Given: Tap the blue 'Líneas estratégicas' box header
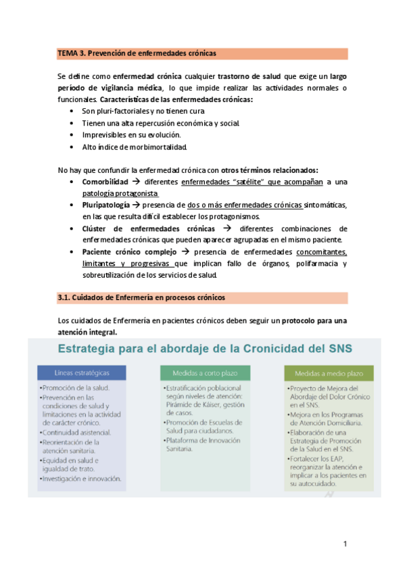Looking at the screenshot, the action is point(80,373).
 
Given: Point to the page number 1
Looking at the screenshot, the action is point(344,543).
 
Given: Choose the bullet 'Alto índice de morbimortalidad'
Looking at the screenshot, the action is point(133,147).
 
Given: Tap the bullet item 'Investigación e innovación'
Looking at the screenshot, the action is point(82,478).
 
